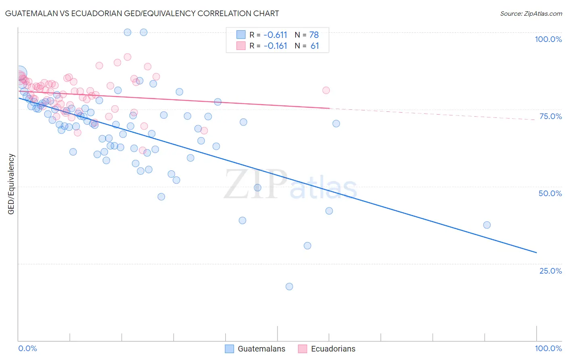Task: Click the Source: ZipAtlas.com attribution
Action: tap(531, 13)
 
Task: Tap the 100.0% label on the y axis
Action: tap(548, 39)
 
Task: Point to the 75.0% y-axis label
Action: tap(550, 116)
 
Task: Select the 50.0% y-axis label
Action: tap(550, 193)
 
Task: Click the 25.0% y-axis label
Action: tap(550, 270)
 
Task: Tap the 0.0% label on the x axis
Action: tap(27, 348)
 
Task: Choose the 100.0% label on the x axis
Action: tap(548, 348)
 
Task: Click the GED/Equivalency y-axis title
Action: tap(11, 184)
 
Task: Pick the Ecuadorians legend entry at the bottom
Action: tap(327, 349)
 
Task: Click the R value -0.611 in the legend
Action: tap(275, 35)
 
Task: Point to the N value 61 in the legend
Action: tap(315, 46)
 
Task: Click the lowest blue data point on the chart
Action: tap(289, 287)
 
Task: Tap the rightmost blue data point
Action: tap(487, 225)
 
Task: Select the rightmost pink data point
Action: tap(326, 90)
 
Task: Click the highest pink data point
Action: tap(127, 57)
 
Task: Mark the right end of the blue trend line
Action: tap(536, 253)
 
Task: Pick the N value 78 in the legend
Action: tap(314, 35)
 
